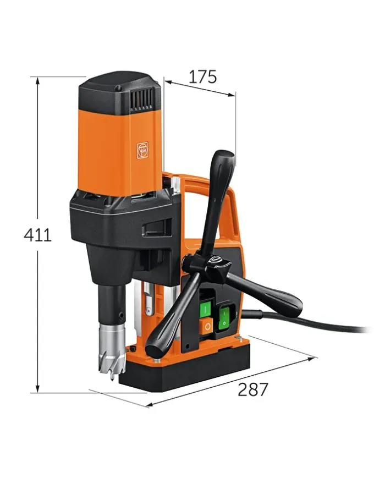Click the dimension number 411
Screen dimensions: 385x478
coord(37,235)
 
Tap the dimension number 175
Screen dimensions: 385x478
coord(203,77)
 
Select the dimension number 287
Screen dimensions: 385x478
coord(252,389)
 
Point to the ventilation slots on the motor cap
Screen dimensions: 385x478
coord(142,98)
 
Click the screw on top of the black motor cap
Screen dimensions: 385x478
coord(118,89)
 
